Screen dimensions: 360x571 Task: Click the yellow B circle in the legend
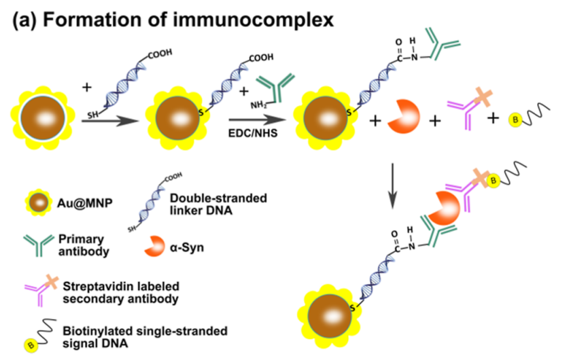31,346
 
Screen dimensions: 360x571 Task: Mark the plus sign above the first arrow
86,87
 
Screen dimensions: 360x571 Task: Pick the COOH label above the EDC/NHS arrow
263,60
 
